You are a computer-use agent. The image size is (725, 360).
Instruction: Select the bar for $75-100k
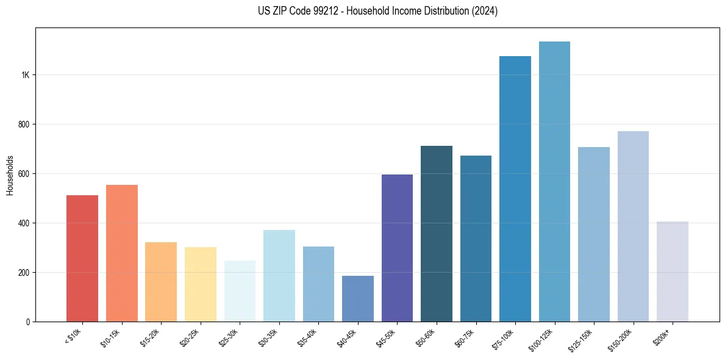click(x=515, y=189)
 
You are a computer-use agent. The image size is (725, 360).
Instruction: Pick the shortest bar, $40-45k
click(x=358, y=298)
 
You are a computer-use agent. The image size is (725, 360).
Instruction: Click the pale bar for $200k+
click(x=673, y=272)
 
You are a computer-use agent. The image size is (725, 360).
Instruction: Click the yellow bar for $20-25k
click(x=201, y=284)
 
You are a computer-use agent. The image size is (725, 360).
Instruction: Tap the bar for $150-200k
click(x=633, y=226)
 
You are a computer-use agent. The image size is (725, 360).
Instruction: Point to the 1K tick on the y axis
click(x=25, y=75)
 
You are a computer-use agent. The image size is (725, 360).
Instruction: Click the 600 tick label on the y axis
click(x=24, y=174)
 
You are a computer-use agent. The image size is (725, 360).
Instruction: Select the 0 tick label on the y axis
click(x=28, y=322)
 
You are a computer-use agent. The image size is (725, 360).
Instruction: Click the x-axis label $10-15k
click(x=111, y=337)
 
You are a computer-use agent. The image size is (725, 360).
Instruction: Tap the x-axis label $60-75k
click(x=465, y=337)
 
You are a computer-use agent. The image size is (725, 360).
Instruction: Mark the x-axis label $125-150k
click(x=582, y=339)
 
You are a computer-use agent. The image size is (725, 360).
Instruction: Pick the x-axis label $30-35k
click(x=268, y=337)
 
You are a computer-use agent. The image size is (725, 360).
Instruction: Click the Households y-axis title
click(x=10, y=175)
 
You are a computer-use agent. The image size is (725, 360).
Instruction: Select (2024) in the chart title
click(x=485, y=11)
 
